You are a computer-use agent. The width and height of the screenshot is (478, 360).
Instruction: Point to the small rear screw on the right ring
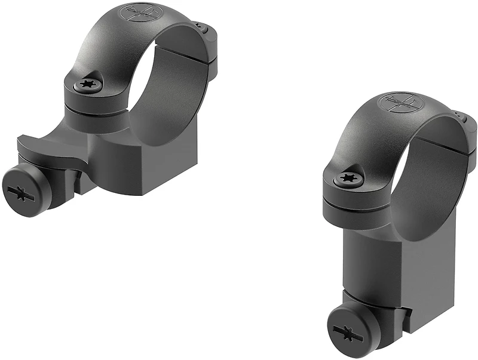tap(457, 113)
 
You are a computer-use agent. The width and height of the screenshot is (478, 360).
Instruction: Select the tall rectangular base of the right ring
tap(382, 263)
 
